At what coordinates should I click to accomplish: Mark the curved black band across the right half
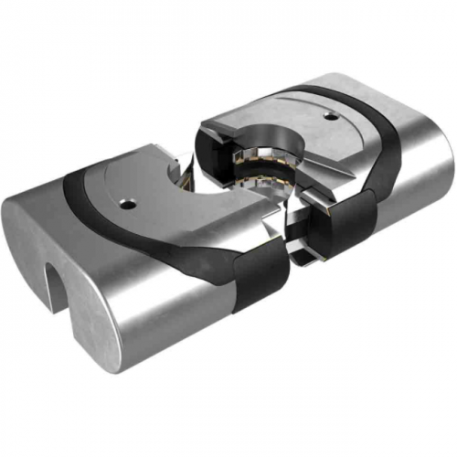click(384, 146)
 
